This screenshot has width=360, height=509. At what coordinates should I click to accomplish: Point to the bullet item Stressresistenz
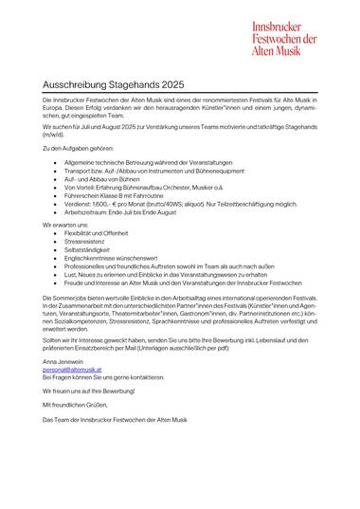click(86, 239)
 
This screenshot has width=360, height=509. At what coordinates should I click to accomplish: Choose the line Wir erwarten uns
click(61, 224)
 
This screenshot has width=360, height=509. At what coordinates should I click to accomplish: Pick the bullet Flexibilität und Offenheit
click(99, 231)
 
